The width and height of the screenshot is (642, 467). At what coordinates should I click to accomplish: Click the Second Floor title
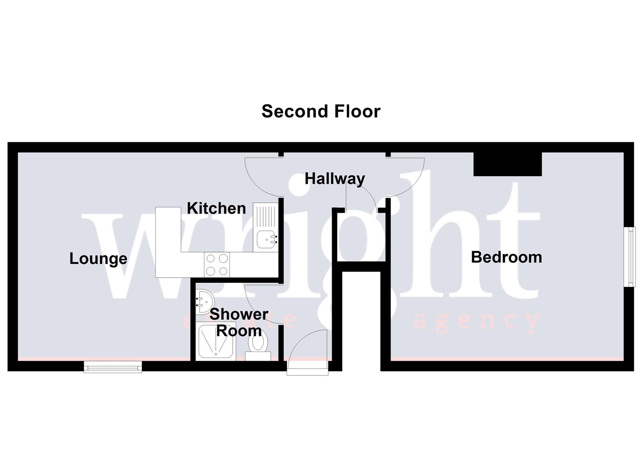pos(321,111)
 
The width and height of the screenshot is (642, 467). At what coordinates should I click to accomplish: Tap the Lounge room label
pos(98,259)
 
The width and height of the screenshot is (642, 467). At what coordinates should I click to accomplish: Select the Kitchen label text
pos(216,208)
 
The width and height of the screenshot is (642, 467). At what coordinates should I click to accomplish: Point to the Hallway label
pos(335,178)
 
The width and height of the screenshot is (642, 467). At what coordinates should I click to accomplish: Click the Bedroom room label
pos(506,257)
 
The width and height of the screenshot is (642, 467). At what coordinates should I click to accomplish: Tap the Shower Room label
pos(239,322)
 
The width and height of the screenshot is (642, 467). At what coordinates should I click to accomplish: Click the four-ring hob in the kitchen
pos(217,265)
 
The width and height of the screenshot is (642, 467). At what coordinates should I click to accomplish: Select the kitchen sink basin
pos(265,239)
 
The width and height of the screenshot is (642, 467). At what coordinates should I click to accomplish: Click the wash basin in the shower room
pos(204,298)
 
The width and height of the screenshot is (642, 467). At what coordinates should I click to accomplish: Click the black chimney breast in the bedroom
pos(508,164)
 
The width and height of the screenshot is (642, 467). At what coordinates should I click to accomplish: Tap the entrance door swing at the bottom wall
pos(307,352)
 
